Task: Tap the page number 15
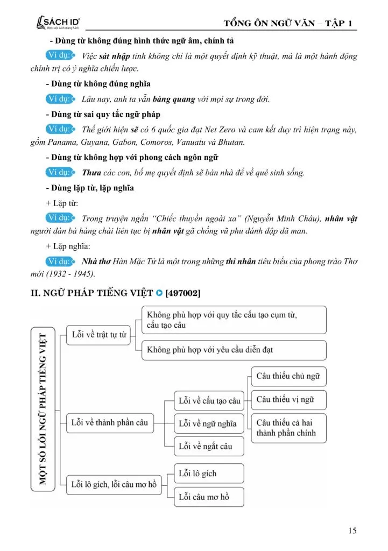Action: point(352,531)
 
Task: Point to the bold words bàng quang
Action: point(174,99)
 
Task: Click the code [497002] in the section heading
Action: point(184,293)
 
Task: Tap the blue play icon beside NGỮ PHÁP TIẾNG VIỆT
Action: point(159,293)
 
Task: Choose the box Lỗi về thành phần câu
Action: point(110,422)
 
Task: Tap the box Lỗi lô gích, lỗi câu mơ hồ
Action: point(114,484)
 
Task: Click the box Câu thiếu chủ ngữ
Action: point(288,376)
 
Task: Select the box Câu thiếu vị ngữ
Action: point(288,399)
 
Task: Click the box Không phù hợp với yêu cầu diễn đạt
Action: point(234,350)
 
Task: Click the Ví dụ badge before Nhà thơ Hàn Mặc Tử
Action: point(59,261)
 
